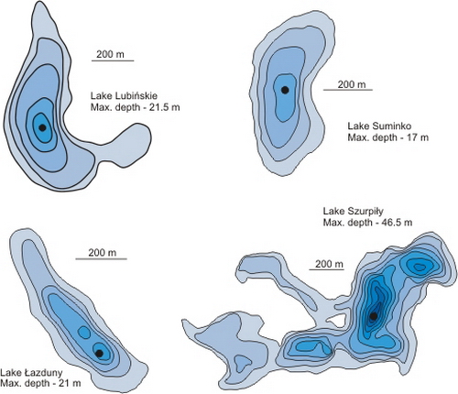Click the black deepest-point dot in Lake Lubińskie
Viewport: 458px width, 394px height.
[42, 127]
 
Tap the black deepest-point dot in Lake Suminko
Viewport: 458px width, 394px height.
[285, 90]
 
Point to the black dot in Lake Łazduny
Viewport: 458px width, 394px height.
[99, 354]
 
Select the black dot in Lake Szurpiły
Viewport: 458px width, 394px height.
[373, 316]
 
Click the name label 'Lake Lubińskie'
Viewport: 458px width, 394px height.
[124, 96]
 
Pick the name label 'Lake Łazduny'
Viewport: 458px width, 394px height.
[31, 373]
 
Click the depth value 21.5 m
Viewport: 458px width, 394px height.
[164, 107]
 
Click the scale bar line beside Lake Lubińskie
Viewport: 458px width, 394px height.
[113, 60]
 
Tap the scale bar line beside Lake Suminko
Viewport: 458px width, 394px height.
[348, 90]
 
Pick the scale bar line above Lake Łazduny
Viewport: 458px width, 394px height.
[102, 259]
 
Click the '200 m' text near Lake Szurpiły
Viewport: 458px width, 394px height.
[329, 264]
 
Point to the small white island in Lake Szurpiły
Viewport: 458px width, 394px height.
[333, 321]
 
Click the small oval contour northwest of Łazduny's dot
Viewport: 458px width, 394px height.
[83, 332]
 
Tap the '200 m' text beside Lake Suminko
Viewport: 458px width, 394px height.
[352, 84]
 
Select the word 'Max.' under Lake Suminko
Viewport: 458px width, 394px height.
[357, 137]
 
